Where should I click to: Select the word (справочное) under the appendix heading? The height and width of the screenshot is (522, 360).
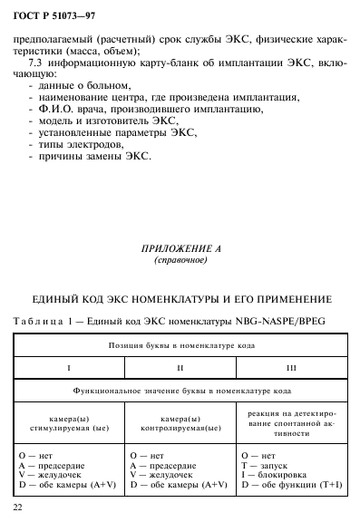180,260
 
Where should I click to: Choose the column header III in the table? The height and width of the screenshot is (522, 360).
292,368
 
